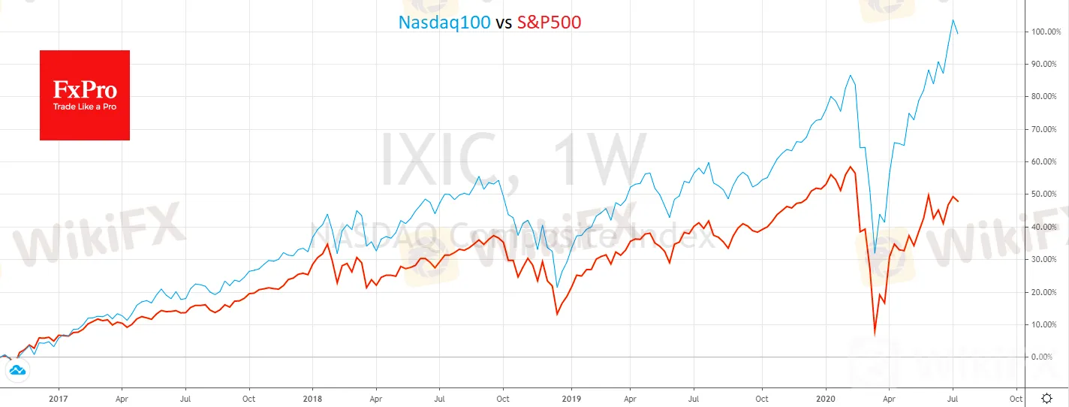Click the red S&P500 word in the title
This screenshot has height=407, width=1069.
[549, 23]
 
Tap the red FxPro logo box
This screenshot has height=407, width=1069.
[85, 95]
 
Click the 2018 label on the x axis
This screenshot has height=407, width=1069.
[313, 398]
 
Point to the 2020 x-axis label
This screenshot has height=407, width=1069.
[826, 398]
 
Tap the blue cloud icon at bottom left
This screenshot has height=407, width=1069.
[17, 369]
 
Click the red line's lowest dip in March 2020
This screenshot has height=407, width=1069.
[875, 334]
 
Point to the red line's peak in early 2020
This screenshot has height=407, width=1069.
[851, 167]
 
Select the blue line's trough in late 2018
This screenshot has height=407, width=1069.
[556, 287]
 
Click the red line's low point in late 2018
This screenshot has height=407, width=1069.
[556, 314]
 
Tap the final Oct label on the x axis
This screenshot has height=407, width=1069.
[1016, 398]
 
